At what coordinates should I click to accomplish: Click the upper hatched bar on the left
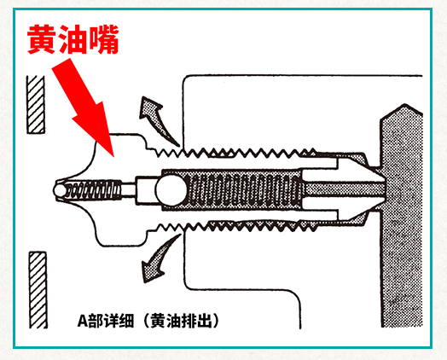tap(36, 105)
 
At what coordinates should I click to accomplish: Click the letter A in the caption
tap(82, 322)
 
